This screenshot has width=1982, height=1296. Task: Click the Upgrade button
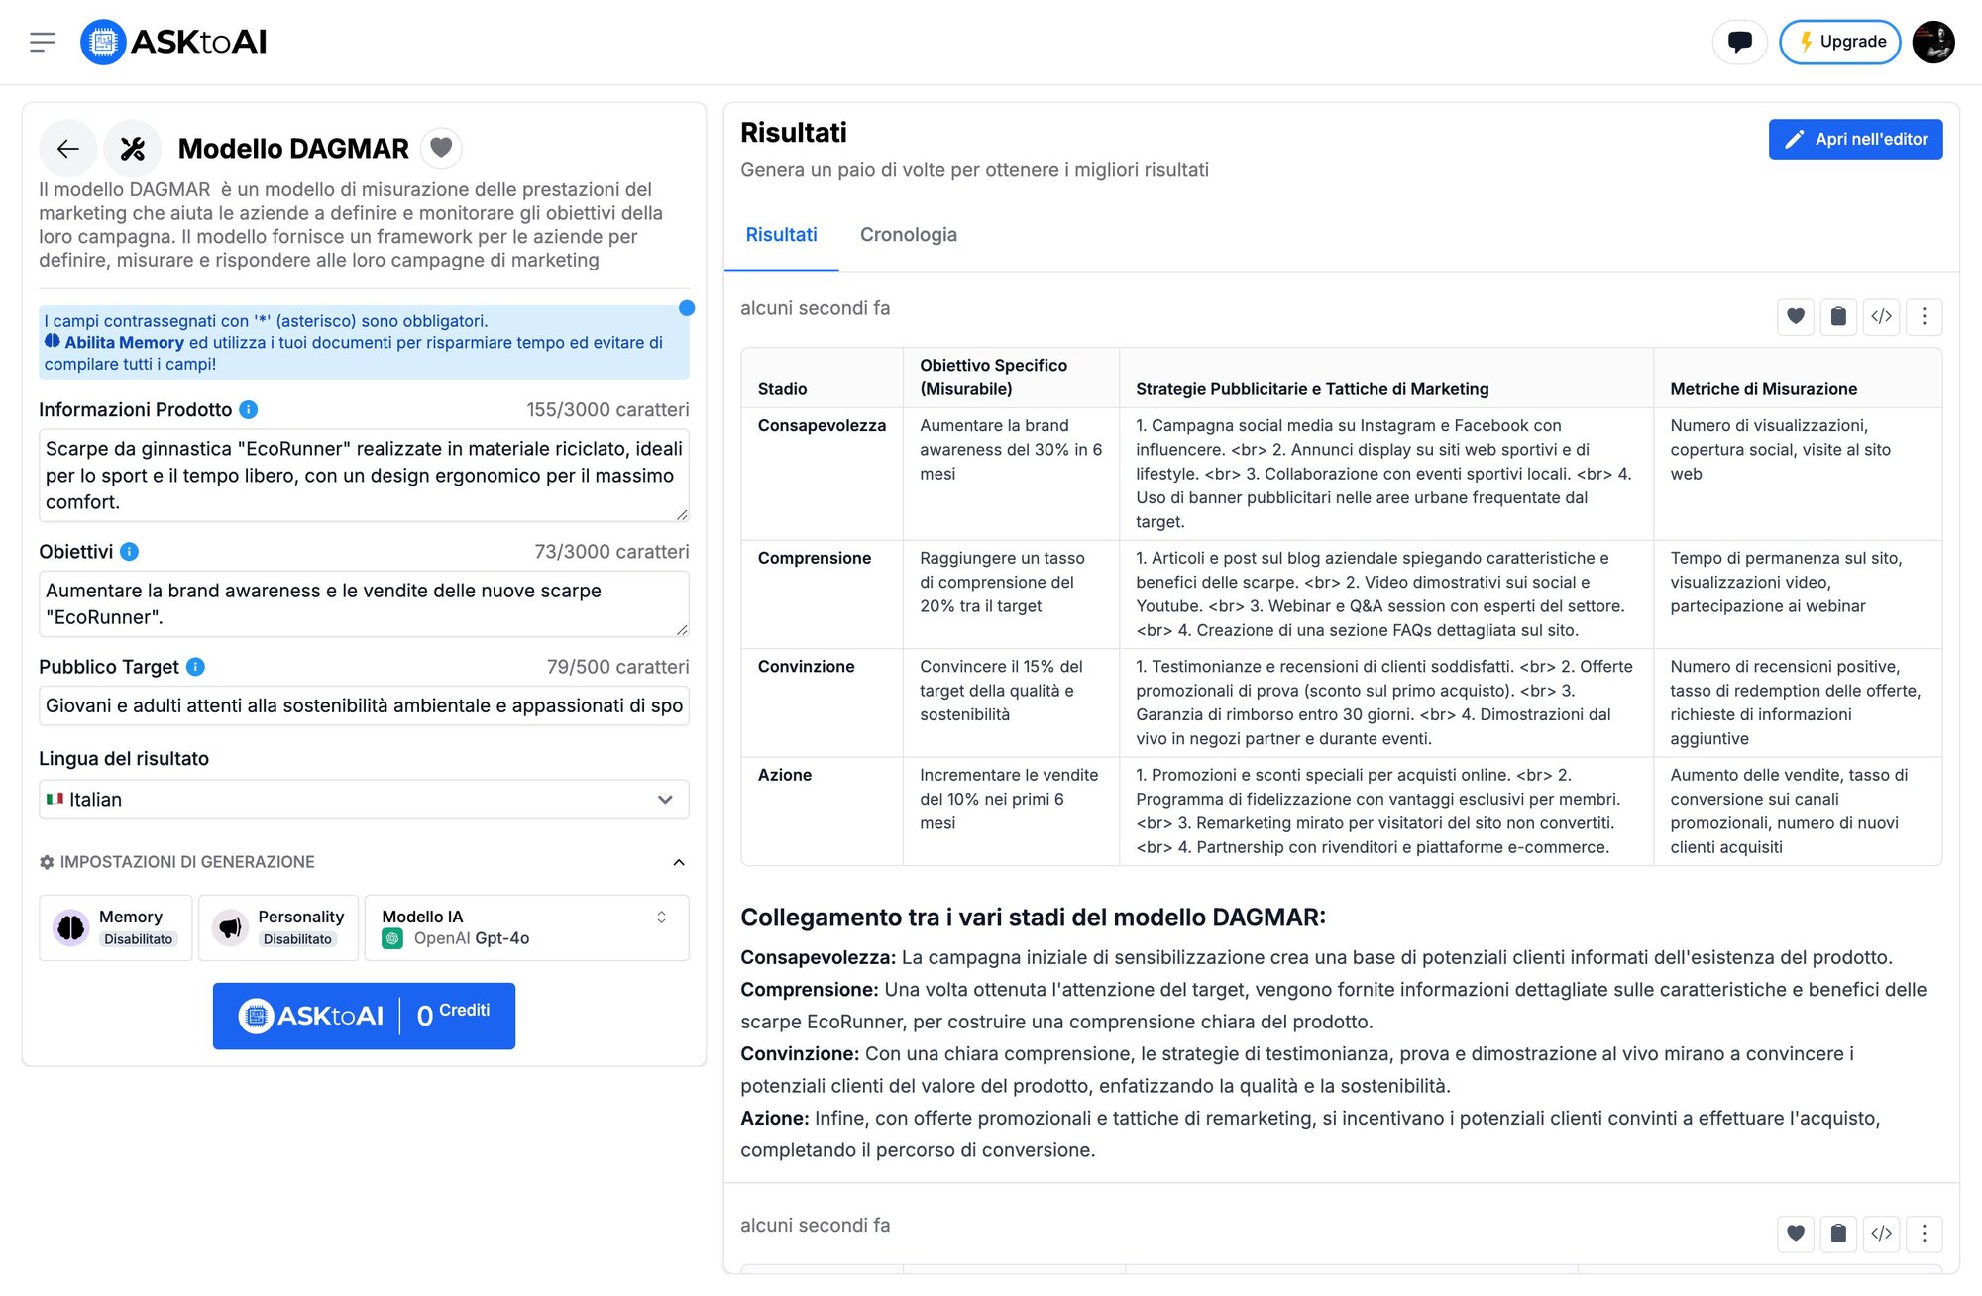(x=1839, y=42)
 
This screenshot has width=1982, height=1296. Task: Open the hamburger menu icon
(x=43, y=42)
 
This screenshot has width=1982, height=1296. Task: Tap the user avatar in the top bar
(x=1932, y=42)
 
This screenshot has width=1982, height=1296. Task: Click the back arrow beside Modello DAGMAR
(x=67, y=149)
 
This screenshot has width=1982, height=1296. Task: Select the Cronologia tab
(x=908, y=235)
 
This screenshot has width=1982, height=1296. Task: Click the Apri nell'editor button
(x=1855, y=140)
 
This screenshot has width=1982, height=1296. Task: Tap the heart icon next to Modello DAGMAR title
(x=441, y=148)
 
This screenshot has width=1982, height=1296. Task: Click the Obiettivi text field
(x=363, y=603)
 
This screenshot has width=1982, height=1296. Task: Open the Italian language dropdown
(x=363, y=800)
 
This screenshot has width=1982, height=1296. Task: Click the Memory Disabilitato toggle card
(x=116, y=927)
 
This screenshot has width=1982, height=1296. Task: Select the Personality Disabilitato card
(x=278, y=927)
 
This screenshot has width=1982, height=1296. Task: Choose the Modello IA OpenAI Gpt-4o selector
(x=526, y=927)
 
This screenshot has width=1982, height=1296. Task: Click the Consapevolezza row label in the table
(x=822, y=426)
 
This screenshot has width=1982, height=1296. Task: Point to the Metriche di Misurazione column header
(x=1763, y=389)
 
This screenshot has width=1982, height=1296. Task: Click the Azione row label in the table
(x=785, y=775)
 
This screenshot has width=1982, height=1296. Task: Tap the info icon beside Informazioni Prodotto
(x=249, y=409)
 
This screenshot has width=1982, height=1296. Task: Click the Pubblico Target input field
(x=363, y=705)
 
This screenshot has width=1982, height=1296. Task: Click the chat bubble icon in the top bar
(x=1739, y=42)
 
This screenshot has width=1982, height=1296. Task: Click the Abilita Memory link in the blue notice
(x=124, y=343)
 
